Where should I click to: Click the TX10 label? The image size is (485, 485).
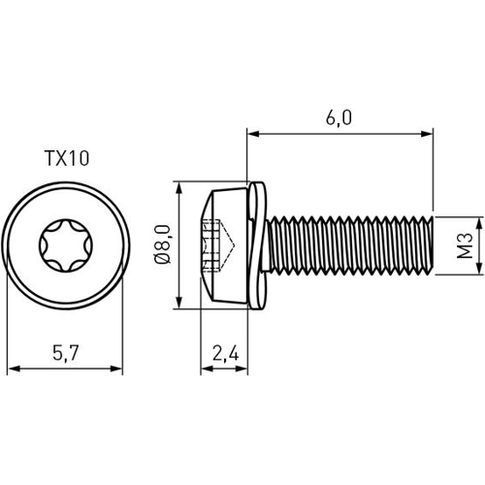[67, 159]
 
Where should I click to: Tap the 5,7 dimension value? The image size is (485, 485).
[66, 354]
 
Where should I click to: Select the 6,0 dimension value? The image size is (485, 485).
[339, 116]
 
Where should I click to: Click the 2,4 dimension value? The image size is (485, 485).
[225, 354]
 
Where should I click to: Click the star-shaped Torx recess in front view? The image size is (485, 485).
[65, 245]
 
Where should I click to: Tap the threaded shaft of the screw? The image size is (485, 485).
[344, 245]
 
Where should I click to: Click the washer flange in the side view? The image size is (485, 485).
[255, 245]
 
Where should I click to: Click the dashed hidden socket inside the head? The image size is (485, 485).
[214, 245]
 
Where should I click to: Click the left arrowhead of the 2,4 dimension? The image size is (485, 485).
[205, 369]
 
